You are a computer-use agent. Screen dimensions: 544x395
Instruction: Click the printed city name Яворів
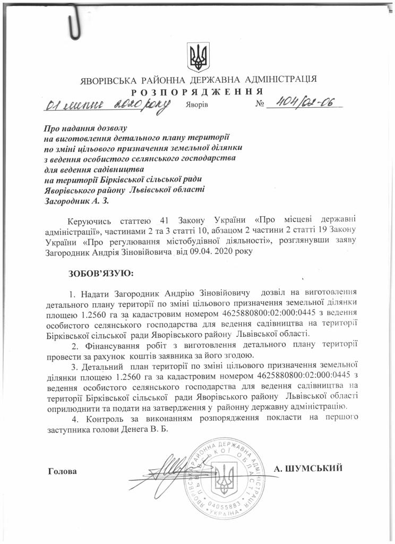point(197,105)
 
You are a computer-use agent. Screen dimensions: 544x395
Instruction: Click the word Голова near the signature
point(62,471)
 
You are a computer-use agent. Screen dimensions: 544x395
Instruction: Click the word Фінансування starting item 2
point(104,344)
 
